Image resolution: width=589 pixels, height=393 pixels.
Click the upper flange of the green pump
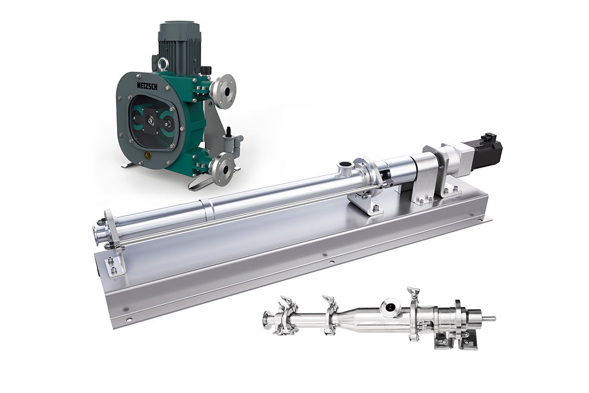pyautogui.click(x=223, y=88)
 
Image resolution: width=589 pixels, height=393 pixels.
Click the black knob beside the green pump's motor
pyautogui.click(x=206, y=70)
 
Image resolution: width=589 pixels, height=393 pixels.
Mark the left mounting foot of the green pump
pyautogui.click(x=129, y=164)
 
